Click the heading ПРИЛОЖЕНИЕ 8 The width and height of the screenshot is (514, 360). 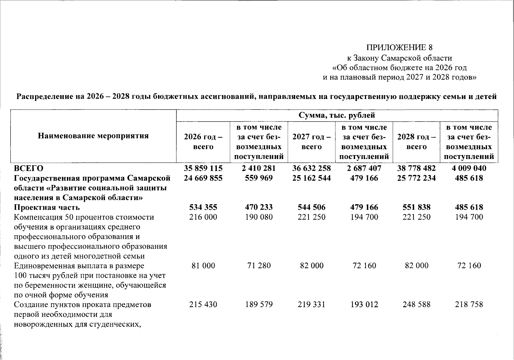tap(399, 47)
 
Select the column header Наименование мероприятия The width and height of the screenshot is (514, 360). tap(93, 136)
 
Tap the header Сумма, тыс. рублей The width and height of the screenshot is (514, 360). tap(337, 115)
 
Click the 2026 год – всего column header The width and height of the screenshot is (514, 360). tap(203, 142)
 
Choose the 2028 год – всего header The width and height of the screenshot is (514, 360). tap(416, 142)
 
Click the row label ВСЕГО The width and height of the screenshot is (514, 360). tap(29, 168)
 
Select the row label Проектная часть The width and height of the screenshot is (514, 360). tap(47, 207)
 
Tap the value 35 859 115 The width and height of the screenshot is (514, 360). tap(203, 168)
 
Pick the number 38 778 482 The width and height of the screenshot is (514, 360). tap(416, 168)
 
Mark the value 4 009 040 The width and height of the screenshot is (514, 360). tap(469, 168)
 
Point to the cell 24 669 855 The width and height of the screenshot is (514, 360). tap(203, 178)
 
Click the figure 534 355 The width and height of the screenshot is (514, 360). tap(203, 207)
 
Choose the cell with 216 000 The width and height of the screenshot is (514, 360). tap(203, 217)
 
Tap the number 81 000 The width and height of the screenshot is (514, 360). tap(203, 265)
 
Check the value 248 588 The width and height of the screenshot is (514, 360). tap(416, 304)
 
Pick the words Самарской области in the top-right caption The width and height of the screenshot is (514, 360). tap(419, 58)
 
